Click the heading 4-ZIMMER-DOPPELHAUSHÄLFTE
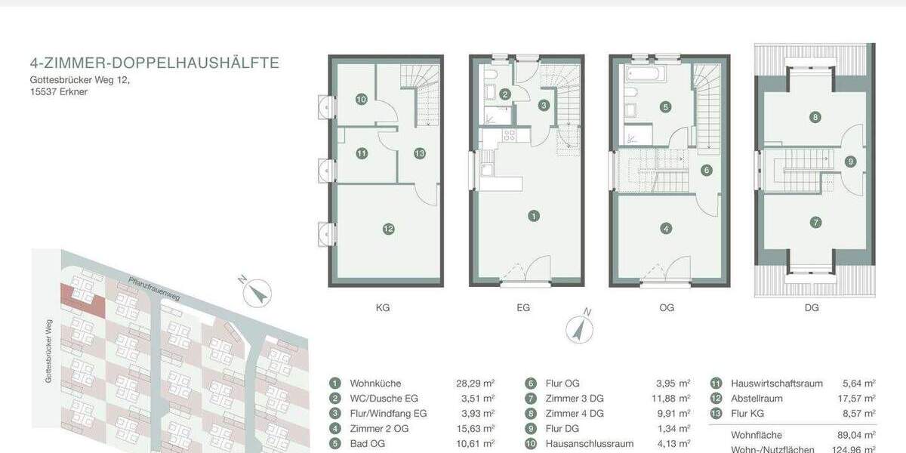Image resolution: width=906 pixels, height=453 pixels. point(154,63)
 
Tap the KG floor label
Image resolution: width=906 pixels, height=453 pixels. point(383,308)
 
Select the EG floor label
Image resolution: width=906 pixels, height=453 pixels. point(523,308)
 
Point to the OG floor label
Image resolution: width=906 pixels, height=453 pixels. point(667,308)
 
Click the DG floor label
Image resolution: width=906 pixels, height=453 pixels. point(812,308)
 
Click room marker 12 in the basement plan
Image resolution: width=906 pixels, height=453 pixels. point(388,229)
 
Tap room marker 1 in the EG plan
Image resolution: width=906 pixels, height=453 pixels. point(534,217)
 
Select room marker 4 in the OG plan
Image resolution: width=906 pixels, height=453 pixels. point(665,228)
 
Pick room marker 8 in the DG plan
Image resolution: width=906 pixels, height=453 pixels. point(815,117)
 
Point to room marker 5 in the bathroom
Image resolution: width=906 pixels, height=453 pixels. point(665,107)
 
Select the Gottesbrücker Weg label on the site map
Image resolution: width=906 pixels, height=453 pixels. point(48,350)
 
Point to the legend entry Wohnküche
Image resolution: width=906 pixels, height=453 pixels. point(375,384)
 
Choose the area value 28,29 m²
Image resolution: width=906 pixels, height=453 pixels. point(478,384)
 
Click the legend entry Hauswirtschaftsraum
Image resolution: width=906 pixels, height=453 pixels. point(776,384)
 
